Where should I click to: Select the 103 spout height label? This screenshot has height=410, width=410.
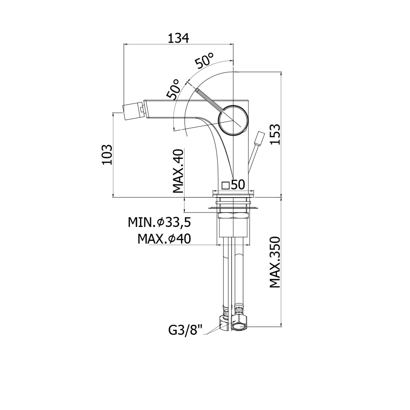click(x=107, y=155)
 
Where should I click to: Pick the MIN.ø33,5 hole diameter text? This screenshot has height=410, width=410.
click(x=159, y=222)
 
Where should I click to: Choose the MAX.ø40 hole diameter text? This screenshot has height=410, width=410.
click(x=164, y=239)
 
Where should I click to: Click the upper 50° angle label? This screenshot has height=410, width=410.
click(x=204, y=60)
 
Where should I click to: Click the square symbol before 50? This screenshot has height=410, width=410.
click(x=226, y=185)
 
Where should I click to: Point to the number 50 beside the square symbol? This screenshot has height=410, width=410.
click(x=238, y=185)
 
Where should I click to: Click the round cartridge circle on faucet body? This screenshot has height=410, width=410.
click(x=233, y=120)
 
